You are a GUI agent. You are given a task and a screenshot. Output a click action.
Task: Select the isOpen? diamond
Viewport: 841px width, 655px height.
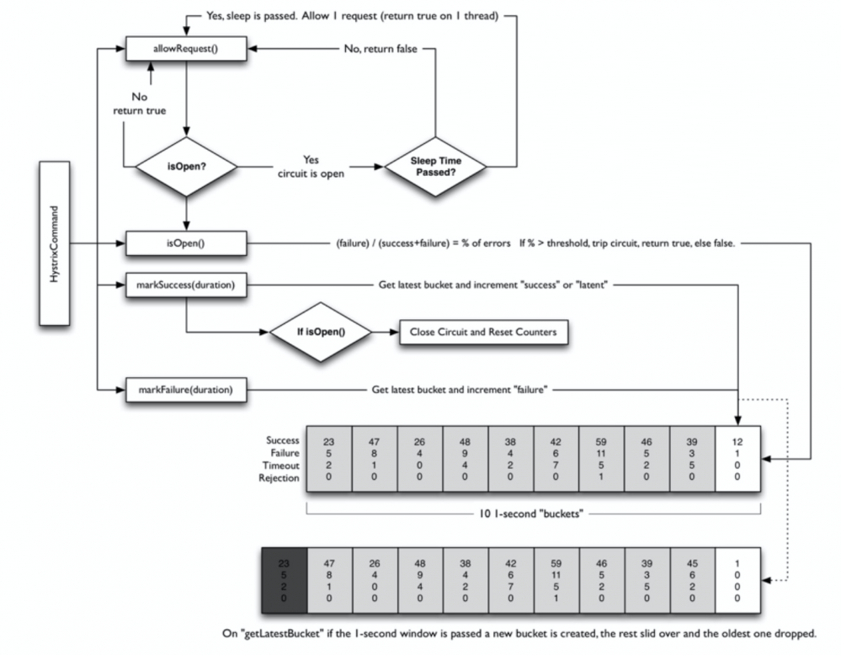186,162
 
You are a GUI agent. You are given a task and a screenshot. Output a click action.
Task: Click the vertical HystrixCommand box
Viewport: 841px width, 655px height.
55,243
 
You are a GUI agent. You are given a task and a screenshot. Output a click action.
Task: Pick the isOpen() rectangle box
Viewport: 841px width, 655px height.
186,244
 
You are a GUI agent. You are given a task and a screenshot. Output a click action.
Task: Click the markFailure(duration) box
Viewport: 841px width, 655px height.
186,389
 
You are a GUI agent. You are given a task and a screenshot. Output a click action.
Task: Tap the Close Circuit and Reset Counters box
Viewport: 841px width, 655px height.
482,332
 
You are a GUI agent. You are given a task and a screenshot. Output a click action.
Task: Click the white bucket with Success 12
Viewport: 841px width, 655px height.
738,461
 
